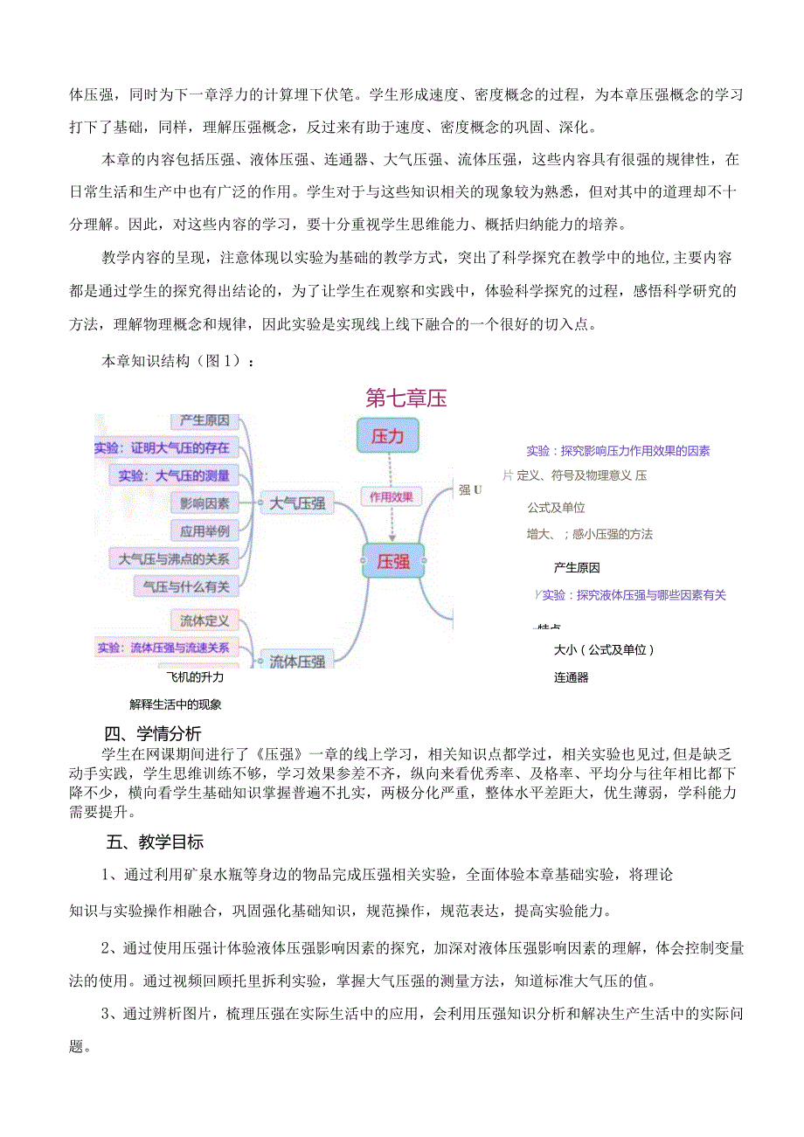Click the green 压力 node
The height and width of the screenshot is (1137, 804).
[x=388, y=435]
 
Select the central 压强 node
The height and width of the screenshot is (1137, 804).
[x=392, y=561]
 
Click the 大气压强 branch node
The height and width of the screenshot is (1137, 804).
[x=296, y=503]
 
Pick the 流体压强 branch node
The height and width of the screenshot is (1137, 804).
[x=296, y=661]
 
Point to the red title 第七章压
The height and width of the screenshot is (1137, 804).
[x=406, y=399]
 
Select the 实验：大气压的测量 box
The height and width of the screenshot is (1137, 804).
[x=174, y=475]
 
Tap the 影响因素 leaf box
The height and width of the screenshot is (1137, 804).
[x=204, y=503]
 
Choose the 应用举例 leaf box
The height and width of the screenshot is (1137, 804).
[x=204, y=530]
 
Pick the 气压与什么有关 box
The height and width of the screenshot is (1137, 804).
[x=185, y=586]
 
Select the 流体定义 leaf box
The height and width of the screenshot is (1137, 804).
[x=204, y=620]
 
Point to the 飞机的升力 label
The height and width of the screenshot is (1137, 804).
[x=195, y=676]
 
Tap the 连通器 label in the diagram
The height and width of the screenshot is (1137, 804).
[x=572, y=677]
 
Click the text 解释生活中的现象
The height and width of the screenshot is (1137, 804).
[x=176, y=704]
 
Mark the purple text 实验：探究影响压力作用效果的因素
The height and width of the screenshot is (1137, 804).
[x=618, y=451]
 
